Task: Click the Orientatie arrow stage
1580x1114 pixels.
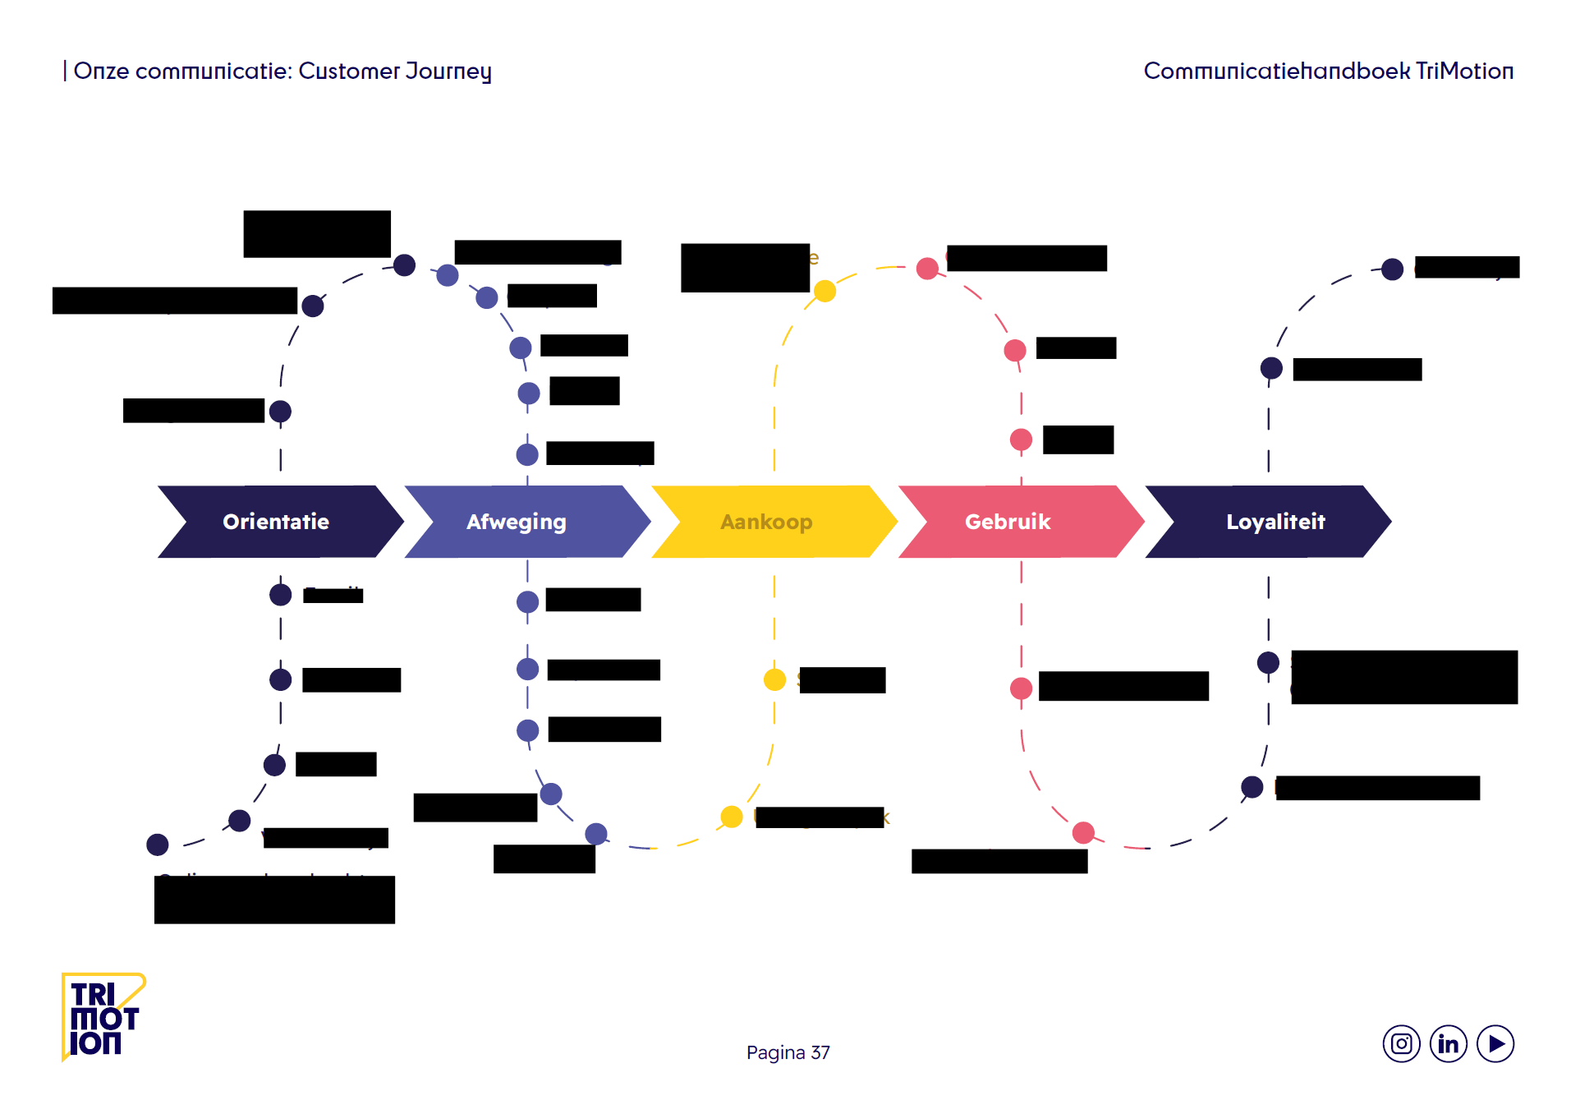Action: pos(276,522)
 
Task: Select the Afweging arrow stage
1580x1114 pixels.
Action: pos(517,522)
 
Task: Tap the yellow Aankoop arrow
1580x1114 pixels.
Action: pos(766,522)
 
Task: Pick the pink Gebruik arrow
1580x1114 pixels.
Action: pos(1008,522)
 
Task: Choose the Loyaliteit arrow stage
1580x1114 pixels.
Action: pos(1275,522)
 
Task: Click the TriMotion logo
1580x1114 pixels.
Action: pos(103,1018)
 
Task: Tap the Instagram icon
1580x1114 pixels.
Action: pos(1401,1044)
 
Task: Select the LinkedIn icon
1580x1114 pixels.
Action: pos(1449,1044)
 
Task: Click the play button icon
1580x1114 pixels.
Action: pos(1495,1044)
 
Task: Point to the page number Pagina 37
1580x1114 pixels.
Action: pos(788,1052)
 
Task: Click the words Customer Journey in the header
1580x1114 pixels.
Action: pos(395,71)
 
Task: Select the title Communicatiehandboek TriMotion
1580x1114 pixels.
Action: pos(1328,71)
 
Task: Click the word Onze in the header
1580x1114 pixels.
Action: pos(101,71)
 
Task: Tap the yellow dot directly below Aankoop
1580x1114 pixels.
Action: pos(774,679)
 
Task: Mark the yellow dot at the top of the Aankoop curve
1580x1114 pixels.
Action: pos(824,291)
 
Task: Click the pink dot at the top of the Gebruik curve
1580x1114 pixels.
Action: pos(927,269)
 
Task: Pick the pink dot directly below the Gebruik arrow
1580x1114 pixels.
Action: pos(1021,688)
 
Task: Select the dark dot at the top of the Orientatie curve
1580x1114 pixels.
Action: pos(404,265)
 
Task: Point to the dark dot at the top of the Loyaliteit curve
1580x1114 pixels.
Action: pos(1392,269)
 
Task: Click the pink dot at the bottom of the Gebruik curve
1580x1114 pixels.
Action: pos(1083,833)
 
